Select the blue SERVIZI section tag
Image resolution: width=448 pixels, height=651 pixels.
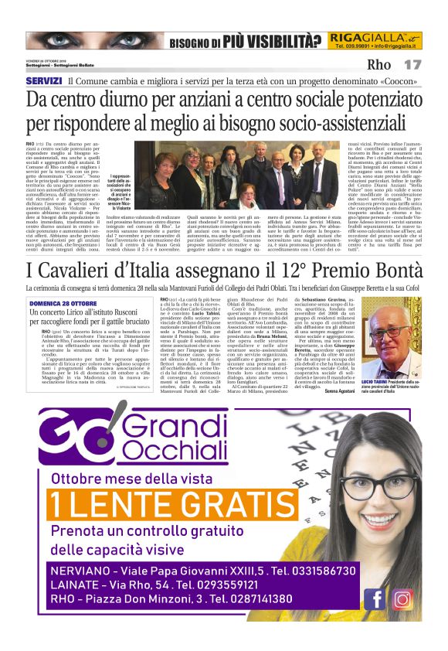pos(43,80)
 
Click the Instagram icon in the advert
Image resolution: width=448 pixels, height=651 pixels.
pos(401,598)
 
